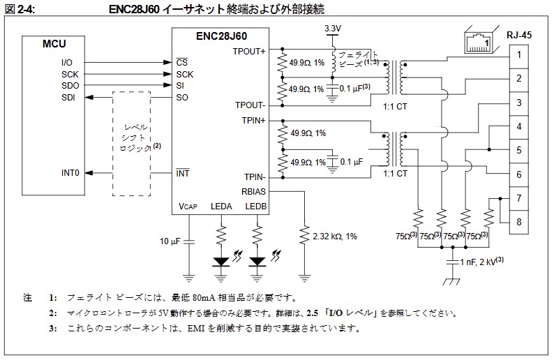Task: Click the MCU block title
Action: click(x=54, y=45)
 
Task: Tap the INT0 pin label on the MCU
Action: click(x=70, y=172)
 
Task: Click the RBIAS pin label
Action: click(x=253, y=190)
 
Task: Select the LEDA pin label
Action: click(x=222, y=207)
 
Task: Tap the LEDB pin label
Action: click(x=257, y=207)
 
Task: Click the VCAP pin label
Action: click(x=188, y=207)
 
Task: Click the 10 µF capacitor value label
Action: click(x=170, y=241)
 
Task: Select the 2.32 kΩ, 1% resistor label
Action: click(x=335, y=237)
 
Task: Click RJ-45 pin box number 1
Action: click(x=519, y=54)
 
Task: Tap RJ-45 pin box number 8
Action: click(x=519, y=223)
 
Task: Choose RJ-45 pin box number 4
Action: click(x=519, y=126)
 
